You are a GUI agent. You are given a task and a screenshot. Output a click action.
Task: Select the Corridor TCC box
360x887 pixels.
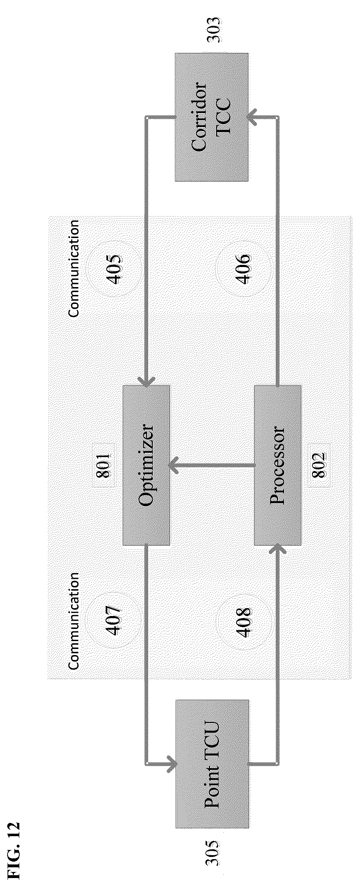coord(211,117)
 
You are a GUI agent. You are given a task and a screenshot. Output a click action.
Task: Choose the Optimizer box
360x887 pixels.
coord(146,465)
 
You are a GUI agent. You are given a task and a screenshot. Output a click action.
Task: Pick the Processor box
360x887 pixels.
coord(278,465)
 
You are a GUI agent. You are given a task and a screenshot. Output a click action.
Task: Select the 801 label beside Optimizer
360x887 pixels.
coord(103,465)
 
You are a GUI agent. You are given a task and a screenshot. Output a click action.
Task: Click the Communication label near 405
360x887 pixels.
coord(74,268)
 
